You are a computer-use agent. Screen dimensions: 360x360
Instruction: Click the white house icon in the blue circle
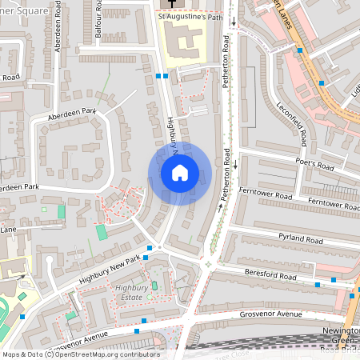[x=180, y=172]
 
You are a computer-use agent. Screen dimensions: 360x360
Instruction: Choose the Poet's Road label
[x=314, y=165]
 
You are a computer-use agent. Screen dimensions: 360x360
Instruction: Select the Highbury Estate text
[x=133, y=292]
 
